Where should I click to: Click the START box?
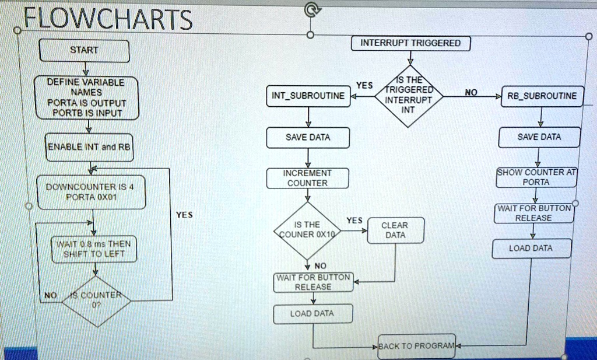click(x=84, y=50)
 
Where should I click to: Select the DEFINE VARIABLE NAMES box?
click(x=85, y=97)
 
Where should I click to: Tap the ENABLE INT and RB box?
click(x=90, y=147)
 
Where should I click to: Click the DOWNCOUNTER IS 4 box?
click(x=90, y=191)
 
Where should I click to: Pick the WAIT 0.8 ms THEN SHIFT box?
click(x=94, y=248)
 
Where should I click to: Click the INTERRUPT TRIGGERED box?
click(x=410, y=43)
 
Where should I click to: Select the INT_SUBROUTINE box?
click(x=308, y=96)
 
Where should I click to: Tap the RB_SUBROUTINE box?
click(x=541, y=96)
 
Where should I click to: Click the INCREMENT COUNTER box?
click(x=308, y=178)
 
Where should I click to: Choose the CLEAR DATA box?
click(x=395, y=230)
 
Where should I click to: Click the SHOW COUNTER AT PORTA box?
click(x=536, y=177)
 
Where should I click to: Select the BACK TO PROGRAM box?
click(x=416, y=346)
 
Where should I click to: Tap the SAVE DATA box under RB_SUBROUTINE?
click(x=540, y=137)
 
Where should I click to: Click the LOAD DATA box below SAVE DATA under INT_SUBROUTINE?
click(x=312, y=314)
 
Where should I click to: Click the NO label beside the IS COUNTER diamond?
click(x=51, y=296)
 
